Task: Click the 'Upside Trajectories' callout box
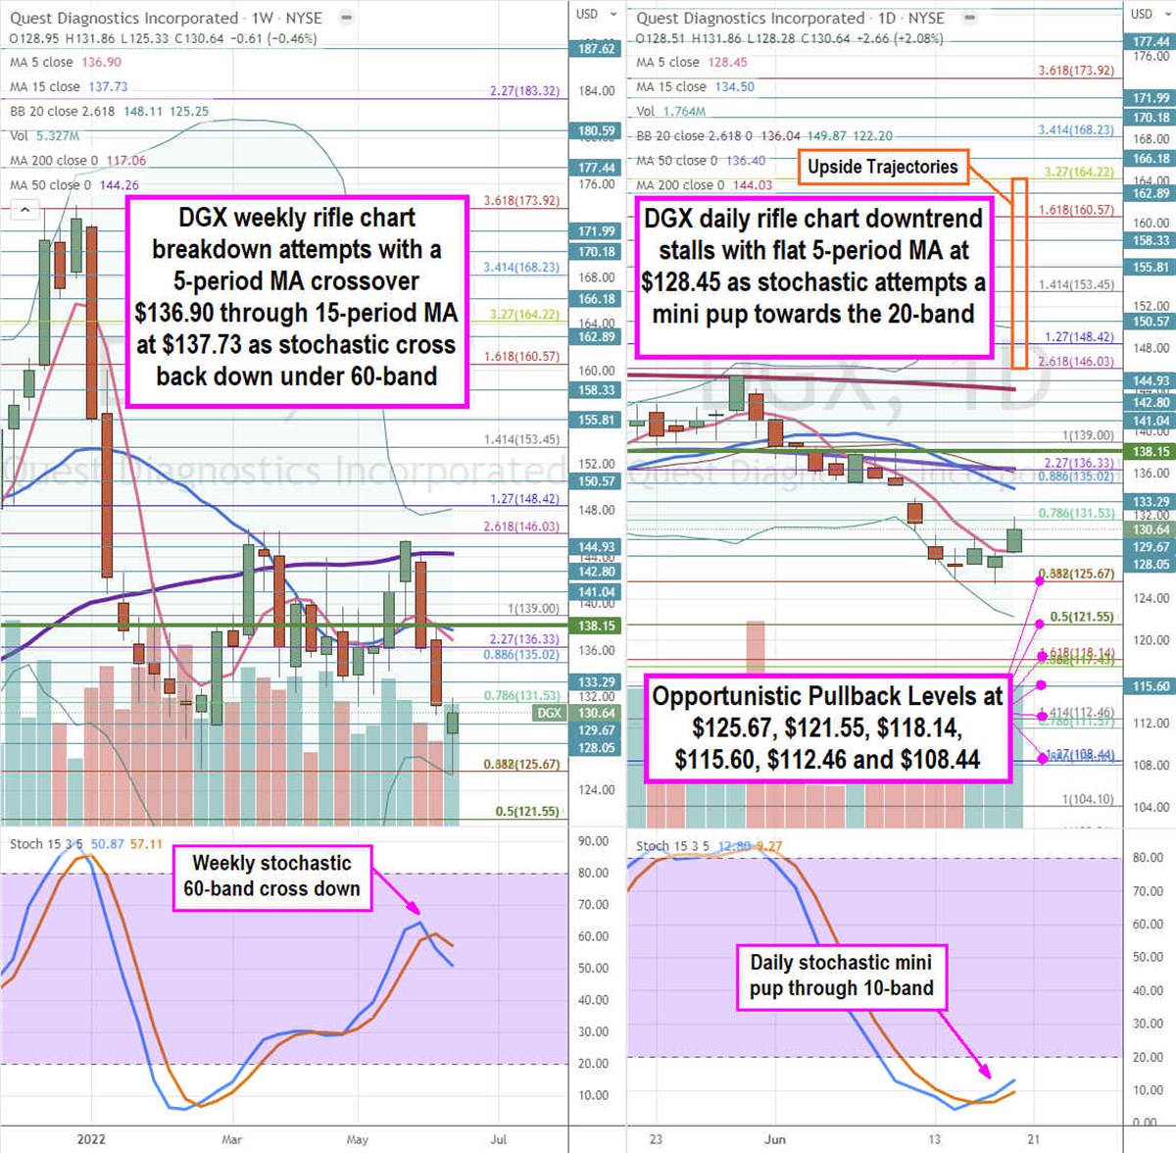coord(882,167)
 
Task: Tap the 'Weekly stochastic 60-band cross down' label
coord(271,877)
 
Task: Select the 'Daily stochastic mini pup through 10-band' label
coord(841,976)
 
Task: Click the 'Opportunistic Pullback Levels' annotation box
coord(827,727)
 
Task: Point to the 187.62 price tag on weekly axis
coord(596,49)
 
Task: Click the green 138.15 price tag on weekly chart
coord(596,626)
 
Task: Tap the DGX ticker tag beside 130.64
coord(549,713)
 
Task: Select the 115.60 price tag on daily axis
coord(1151,686)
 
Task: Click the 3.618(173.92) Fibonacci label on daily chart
coord(1076,71)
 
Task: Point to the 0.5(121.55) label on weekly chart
coord(526,812)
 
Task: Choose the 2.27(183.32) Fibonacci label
coord(525,91)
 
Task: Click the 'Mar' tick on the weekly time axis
coord(231,1139)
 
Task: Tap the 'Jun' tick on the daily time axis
coord(775,1139)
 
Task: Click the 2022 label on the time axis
coord(90,1139)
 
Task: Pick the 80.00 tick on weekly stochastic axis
coord(593,873)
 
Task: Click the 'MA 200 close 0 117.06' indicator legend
coord(77,161)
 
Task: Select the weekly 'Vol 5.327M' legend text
coord(44,136)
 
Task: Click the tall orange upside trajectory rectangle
coord(1019,273)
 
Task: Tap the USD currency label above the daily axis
coord(1142,14)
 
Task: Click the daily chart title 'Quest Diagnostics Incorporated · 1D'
coord(790,18)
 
